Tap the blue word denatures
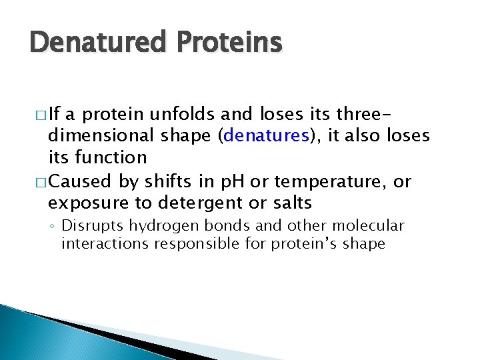click(x=267, y=136)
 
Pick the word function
click(x=111, y=157)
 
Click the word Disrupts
click(x=89, y=225)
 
